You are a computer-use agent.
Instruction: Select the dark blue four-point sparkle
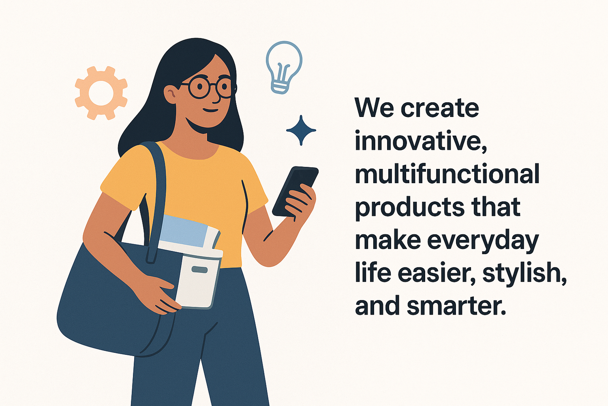[x=301, y=130]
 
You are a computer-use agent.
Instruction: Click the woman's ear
[x=171, y=94]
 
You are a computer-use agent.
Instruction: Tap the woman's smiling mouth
[x=211, y=111]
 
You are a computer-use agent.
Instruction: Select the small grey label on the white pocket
[x=199, y=270]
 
